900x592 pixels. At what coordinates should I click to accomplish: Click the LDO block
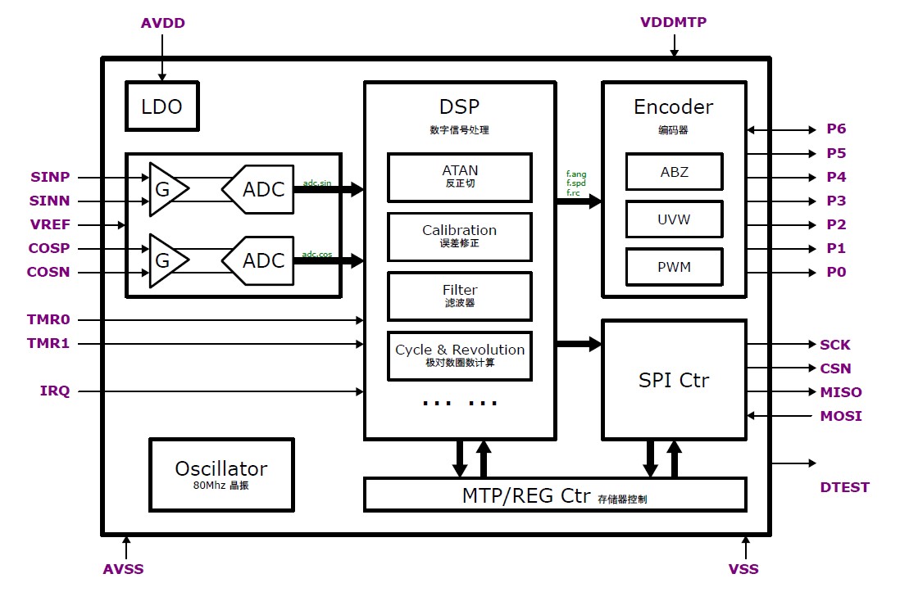(161, 106)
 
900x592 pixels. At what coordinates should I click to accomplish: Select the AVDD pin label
(163, 23)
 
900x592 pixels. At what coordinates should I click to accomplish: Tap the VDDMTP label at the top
(673, 22)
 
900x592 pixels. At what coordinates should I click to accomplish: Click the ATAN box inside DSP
(459, 177)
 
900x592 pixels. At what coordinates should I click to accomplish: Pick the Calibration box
(459, 237)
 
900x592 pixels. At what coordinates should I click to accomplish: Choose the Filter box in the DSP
(459, 296)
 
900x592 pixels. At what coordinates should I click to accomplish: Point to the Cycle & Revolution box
(459, 355)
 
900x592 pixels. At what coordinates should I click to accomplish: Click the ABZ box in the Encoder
(674, 172)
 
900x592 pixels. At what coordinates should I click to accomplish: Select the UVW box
(674, 219)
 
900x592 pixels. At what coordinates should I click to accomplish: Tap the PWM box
(674, 267)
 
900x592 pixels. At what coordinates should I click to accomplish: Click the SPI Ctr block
(674, 380)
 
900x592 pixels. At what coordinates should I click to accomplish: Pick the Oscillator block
(220, 474)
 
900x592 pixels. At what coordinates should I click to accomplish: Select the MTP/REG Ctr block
(554, 495)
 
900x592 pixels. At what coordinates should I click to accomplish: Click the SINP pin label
(50, 177)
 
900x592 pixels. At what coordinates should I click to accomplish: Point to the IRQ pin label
(55, 391)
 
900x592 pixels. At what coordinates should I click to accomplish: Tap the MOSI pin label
(840, 416)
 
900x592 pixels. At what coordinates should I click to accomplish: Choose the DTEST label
(844, 487)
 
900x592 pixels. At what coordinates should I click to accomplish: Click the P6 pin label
(836, 129)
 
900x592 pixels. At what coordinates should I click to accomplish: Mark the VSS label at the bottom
(743, 569)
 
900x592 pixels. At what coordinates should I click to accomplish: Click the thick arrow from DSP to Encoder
(579, 201)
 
